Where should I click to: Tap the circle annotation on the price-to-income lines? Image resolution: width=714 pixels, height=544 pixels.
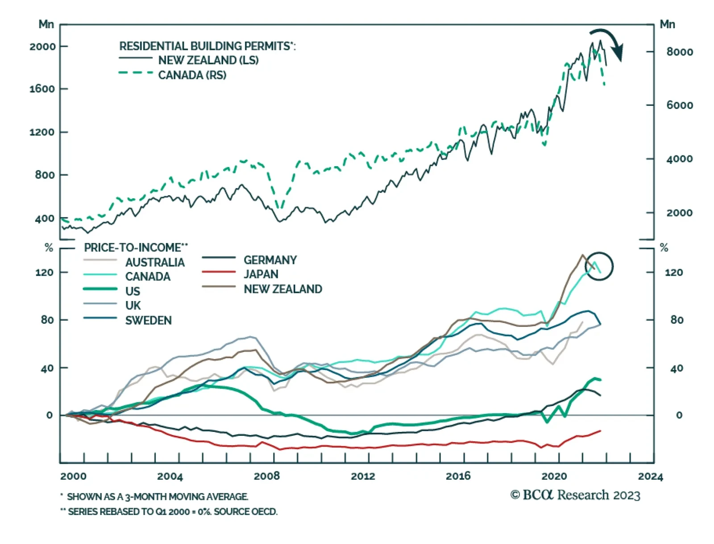599,266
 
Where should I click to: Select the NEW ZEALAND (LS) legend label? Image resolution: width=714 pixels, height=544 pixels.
208,60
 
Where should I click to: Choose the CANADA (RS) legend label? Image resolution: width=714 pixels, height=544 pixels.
192,75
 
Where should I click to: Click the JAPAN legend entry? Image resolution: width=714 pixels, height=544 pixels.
261,274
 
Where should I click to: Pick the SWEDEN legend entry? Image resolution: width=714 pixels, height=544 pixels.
148,321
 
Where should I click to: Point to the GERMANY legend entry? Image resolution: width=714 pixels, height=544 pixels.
270,260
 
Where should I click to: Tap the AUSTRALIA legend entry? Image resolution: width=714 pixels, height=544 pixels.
154,262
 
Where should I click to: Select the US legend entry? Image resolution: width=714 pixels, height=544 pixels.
133,291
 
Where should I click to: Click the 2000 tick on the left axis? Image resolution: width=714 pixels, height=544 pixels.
43,46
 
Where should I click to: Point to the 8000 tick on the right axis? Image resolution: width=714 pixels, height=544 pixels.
680,52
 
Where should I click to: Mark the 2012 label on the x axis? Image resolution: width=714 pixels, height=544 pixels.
363,476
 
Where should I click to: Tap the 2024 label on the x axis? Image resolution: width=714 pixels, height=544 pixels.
650,476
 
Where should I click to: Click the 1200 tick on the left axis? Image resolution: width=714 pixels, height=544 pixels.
43,132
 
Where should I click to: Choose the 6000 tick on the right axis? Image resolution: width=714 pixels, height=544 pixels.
680,105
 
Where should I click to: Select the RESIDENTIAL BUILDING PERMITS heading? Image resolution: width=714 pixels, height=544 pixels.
207,46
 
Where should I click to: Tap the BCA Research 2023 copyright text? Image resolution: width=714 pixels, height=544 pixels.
575,495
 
